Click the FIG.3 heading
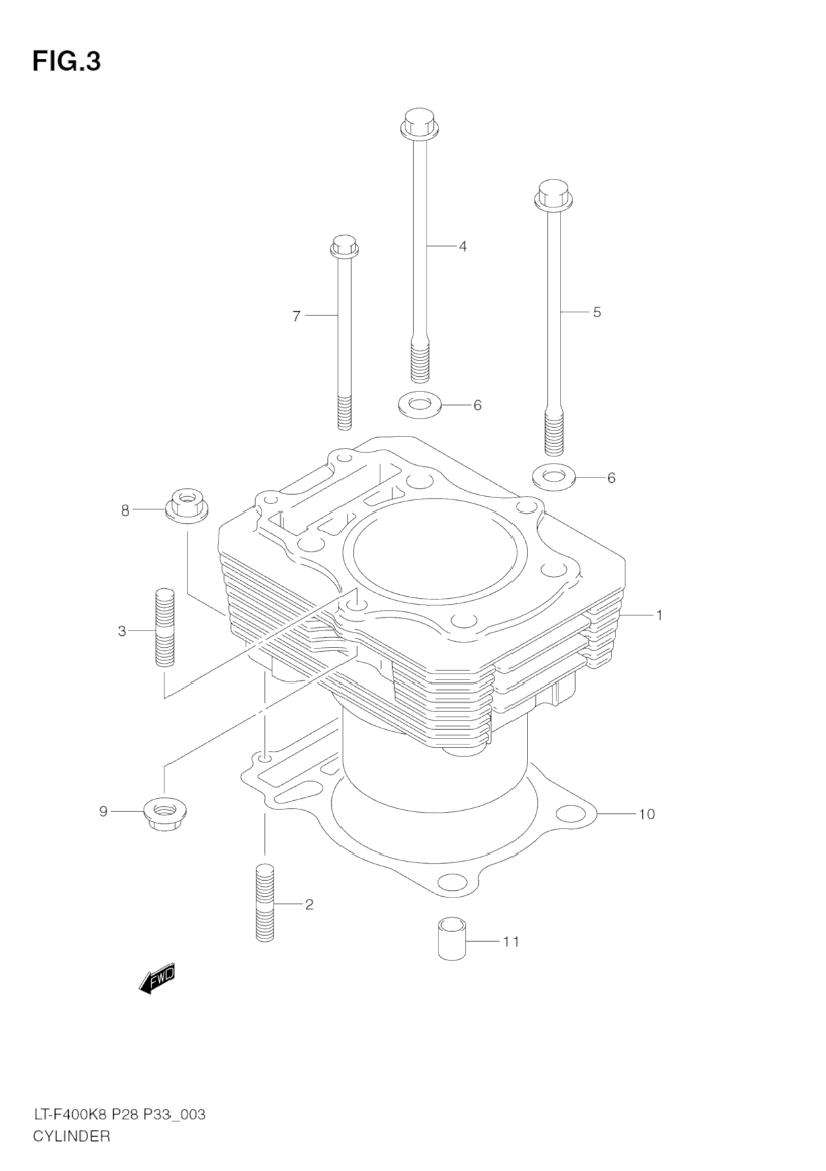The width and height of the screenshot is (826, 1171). [66, 61]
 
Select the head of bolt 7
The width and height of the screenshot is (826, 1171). [344, 246]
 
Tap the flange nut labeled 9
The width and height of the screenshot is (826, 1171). [164, 811]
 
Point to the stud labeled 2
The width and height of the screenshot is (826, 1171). [264, 903]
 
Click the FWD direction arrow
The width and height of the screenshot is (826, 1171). [158, 978]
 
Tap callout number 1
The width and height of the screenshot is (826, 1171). [659, 615]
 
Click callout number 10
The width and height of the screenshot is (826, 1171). [646, 813]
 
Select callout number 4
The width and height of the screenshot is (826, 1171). [462, 246]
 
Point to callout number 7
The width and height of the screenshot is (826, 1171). [297, 317]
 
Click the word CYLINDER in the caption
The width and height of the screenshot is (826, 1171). [71, 1137]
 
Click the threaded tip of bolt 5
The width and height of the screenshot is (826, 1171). [553, 434]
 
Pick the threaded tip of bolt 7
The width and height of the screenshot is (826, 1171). [344, 411]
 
